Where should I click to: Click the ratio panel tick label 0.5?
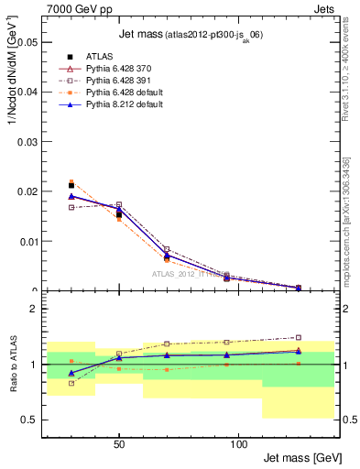pos(29,420)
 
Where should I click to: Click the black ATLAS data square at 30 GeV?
pos(71,186)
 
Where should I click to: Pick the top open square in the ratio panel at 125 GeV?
pos(298,337)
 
